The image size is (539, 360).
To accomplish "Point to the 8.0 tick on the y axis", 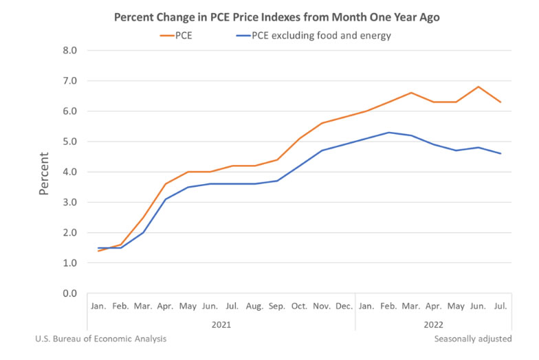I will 69,50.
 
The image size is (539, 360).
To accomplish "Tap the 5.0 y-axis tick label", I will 69,142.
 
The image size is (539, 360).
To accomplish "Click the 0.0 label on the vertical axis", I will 69,293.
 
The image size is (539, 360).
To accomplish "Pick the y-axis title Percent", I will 44,172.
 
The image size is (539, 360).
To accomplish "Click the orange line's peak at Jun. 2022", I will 478,87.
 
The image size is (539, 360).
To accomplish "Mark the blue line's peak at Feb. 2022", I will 388,133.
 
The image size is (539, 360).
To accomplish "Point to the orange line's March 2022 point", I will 411,93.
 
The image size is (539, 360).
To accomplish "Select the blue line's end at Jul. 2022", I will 500,153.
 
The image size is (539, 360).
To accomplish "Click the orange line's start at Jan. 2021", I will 99,251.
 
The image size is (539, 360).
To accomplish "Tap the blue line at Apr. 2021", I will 166,199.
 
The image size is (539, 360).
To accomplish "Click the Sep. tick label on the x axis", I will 277,305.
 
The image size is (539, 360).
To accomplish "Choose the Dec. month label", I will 344,305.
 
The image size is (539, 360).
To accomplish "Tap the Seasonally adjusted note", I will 472,339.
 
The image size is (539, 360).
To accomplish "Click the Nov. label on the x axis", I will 322,305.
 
